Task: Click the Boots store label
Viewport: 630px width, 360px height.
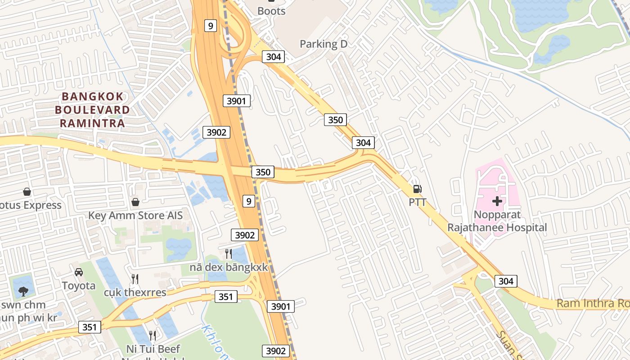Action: click(x=271, y=11)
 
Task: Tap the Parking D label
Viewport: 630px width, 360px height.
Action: click(x=324, y=44)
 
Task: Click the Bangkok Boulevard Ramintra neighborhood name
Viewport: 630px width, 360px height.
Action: click(x=92, y=110)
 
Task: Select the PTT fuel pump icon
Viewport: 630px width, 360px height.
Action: click(x=418, y=189)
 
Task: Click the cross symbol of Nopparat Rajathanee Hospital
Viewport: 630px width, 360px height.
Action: click(x=497, y=201)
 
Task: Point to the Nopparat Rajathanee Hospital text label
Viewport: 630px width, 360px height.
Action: click(x=497, y=221)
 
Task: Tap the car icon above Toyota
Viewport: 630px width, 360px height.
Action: click(x=79, y=272)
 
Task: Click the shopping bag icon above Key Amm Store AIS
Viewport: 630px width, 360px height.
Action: click(x=135, y=202)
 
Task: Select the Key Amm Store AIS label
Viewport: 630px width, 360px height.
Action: click(x=135, y=215)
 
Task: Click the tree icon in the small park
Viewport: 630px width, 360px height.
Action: click(x=23, y=291)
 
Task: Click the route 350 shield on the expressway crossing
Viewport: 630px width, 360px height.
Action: click(x=263, y=172)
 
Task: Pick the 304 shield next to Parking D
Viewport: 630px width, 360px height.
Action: click(x=273, y=56)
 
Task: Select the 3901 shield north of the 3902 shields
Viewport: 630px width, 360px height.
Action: click(x=236, y=101)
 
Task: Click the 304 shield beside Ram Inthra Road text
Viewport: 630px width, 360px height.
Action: click(x=506, y=281)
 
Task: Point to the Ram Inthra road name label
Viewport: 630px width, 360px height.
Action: click(x=592, y=303)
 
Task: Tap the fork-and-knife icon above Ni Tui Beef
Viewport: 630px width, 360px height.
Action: click(x=153, y=335)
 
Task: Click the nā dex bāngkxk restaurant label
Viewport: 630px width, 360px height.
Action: click(x=229, y=267)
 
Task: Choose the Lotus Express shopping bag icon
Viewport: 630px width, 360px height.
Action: click(x=27, y=192)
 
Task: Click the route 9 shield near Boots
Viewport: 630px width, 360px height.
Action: click(x=210, y=26)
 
